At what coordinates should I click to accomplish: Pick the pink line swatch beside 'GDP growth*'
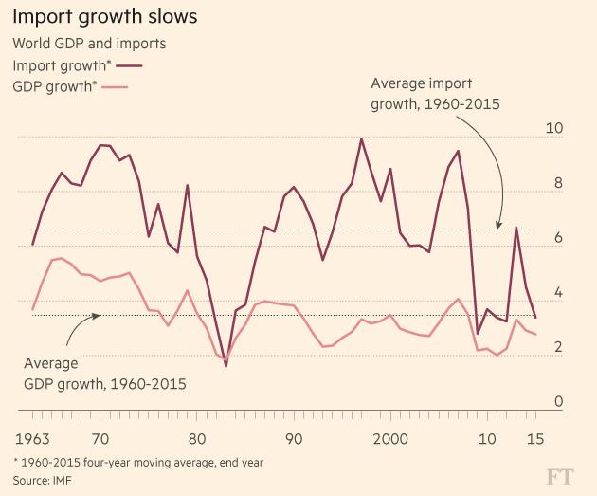point(112,88)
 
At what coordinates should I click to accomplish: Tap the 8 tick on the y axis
point(559,184)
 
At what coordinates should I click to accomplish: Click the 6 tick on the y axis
point(559,238)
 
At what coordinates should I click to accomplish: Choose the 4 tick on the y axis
point(559,293)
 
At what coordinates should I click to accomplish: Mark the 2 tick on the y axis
point(559,347)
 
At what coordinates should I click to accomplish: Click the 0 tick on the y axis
point(559,402)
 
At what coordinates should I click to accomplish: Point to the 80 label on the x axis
point(197,440)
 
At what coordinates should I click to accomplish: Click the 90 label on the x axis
point(294,440)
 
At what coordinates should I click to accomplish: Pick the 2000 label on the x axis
point(390,440)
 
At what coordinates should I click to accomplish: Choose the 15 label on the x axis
point(536,440)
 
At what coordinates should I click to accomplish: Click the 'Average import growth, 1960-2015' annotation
point(436,93)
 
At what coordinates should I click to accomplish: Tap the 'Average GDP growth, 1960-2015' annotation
point(104,375)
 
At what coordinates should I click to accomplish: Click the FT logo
point(562,475)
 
